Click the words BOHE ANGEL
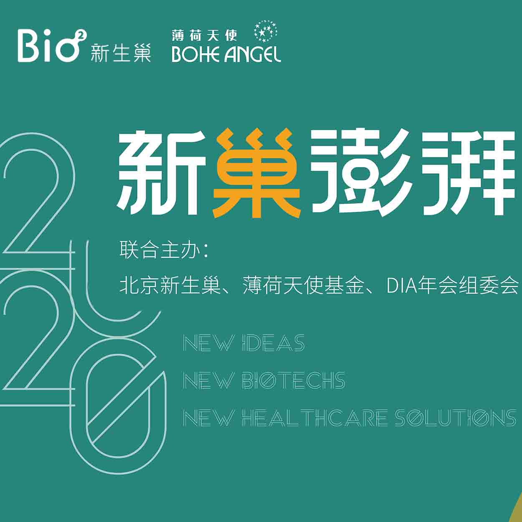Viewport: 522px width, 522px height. [x=226, y=55]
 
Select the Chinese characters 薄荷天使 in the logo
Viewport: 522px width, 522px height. [x=204, y=35]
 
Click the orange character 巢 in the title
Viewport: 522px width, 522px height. [x=256, y=173]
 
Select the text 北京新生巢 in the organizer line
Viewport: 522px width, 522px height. [x=170, y=285]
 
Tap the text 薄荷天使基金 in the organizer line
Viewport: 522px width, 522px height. [x=303, y=285]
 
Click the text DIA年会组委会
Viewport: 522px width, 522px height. [x=452, y=285]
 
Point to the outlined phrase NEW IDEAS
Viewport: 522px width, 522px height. [x=244, y=343]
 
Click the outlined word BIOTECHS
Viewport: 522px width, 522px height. [x=294, y=380]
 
